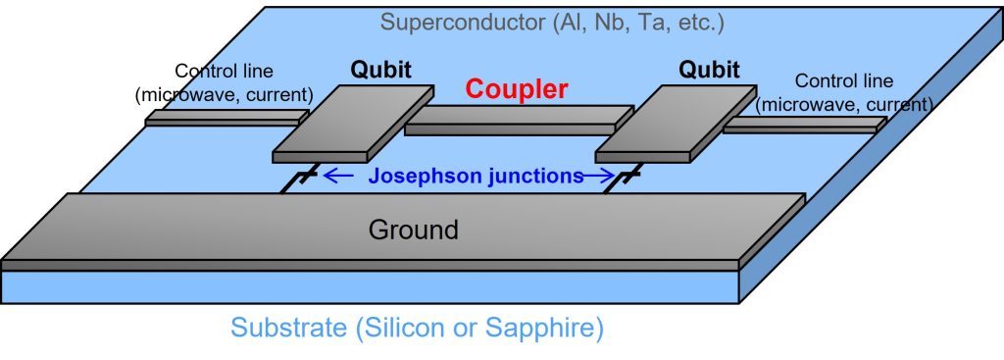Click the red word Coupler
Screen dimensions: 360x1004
[x=516, y=89]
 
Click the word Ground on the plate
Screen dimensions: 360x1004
[x=413, y=230]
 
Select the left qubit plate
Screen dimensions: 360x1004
[x=353, y=123]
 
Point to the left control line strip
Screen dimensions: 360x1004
[x=221, y=118]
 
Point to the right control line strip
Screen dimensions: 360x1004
[x=804, y=125]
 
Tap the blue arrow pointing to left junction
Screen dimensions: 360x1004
[x=339, y=177]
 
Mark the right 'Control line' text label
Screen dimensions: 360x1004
[x=842, y=80]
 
